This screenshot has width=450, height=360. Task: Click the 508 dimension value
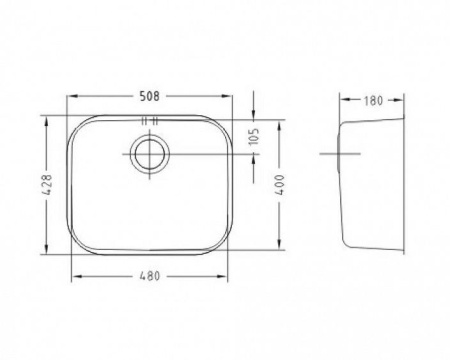click(149, 96)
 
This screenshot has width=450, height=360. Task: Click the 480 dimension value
click(150, 276)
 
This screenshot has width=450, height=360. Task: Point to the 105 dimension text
click(254, 136)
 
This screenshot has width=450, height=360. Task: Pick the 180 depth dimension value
click(373, 100)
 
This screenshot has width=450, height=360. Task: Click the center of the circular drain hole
click(149, 154)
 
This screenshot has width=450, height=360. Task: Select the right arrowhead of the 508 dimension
click(227, 96)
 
